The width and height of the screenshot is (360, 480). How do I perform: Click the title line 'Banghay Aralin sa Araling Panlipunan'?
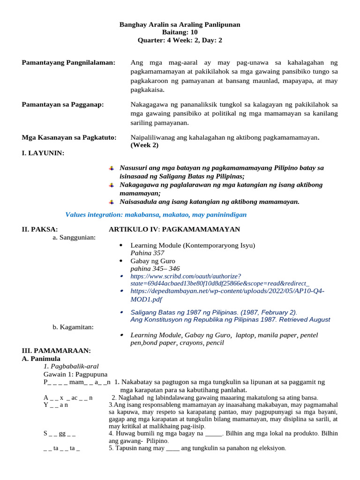coord(180,24)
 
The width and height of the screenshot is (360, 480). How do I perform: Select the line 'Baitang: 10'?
coord(180,32)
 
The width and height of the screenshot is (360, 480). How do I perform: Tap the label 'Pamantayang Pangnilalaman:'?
coord(68,63)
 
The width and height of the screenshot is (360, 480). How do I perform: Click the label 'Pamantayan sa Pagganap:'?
coord(63,105)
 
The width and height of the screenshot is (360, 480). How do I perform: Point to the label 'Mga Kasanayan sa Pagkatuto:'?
coord(69,137)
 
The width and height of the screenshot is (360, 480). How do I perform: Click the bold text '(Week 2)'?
coord(144,145)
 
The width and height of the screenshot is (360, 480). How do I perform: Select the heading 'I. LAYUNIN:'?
coord(43,153)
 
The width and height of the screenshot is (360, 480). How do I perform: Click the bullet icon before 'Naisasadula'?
coord(112,202)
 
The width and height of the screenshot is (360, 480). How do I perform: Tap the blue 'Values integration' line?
coord(156,215)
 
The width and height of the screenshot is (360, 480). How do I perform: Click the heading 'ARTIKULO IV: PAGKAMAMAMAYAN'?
coord(174,229)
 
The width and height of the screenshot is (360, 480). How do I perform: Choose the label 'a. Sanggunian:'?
coord(74,238)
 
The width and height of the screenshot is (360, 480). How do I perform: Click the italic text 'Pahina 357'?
coord(147,253)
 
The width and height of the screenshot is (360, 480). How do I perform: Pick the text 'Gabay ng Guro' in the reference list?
coord(153,261)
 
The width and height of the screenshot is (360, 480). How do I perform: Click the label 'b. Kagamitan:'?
coord(73,327)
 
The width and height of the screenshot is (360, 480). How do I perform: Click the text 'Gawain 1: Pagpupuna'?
coord(75,374)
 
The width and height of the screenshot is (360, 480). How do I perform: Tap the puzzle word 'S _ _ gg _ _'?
coord(60,433)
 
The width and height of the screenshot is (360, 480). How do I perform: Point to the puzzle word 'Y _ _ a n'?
coord(56,405)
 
